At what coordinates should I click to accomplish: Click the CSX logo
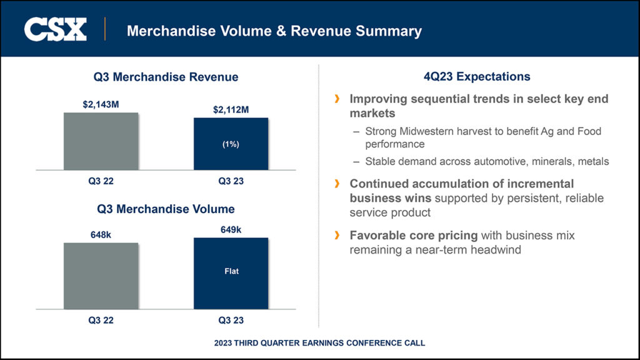click(x=55, y=29)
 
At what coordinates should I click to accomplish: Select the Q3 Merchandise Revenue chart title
click(x=166, y=77)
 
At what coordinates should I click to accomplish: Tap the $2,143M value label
click(x=101, y=104)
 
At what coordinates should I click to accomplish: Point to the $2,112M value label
click(x=231, y=110)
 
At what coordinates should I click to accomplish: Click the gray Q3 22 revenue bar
click(x=101, y=141)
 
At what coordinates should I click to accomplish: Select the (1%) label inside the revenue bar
click(x=231, y=144)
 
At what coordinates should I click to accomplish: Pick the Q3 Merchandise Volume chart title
click(x=166, y=209)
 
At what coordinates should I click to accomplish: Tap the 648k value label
click(x=101, y=234)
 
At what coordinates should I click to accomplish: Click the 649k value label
click(x=231, y=229)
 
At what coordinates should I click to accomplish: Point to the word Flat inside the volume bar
click(x=231, y=271)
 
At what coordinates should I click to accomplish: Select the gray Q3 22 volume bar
click(x=101, y=276)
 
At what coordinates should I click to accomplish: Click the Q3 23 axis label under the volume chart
click(x=231, y=321)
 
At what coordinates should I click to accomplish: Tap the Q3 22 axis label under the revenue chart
click(x=101, y=181)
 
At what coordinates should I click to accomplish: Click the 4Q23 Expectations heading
click(x=477, y=77)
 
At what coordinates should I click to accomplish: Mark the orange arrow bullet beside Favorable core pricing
click(x=337, y=235)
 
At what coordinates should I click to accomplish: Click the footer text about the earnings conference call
click(x=319, y=343)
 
